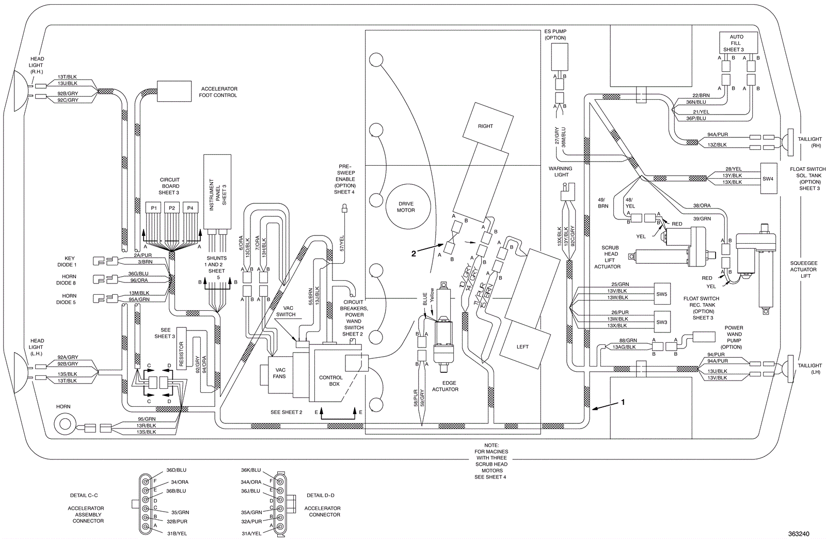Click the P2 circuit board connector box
[x=172, y=208]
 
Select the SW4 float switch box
[x=768, y=179]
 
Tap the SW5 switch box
[x=661, y=294]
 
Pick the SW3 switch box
[x=661, y=322]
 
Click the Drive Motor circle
[x=406, y=207]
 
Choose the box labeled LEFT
[x=522, y=346]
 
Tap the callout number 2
[x=414, y=253]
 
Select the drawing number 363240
[x=799, y=533]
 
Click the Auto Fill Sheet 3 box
[x=737, y=43]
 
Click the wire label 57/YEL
[x=342, y=244]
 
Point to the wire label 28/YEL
[x=733, y=169]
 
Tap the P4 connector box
[x=190, y=208]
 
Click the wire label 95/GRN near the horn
[x=147, y=419]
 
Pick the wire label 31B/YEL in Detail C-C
[x=176, y=533]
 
